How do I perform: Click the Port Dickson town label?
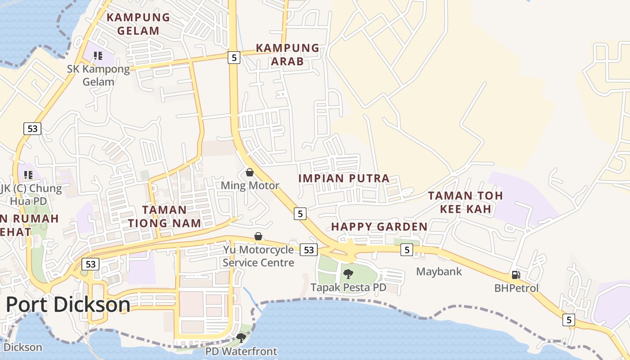click(x=68, y=305)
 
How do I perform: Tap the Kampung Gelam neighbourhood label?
click(x=138, y=24)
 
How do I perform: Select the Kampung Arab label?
click(x=288, y=54)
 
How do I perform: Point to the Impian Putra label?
click(x=344, y=178)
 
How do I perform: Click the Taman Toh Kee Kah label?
click(x=465, y=202)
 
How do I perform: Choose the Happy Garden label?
click(x=379, y=226)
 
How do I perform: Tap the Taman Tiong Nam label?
click(x=164, y=216)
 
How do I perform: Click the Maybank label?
click(x=439, y=272)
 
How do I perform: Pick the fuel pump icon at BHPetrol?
click(x=516, y=275)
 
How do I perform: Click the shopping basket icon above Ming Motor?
click(x=250, y=172)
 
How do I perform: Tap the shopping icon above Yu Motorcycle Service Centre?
click(x=258, y=236)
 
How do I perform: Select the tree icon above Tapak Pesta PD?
click(x=348, y=274)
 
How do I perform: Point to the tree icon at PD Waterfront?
click(x=241, y=337)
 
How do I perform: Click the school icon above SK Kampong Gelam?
click(x=98, y=56)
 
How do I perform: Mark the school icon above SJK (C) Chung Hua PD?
click(x=28, y=175)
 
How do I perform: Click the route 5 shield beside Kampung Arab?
click(x=234, y=57)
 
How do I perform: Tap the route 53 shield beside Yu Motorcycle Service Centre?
click(x=309, y=250)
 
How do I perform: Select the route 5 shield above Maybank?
click(x=406, y=250)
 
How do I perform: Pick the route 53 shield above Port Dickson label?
click(x=90, y=264)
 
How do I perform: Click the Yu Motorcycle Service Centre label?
click(x=258, y=256)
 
